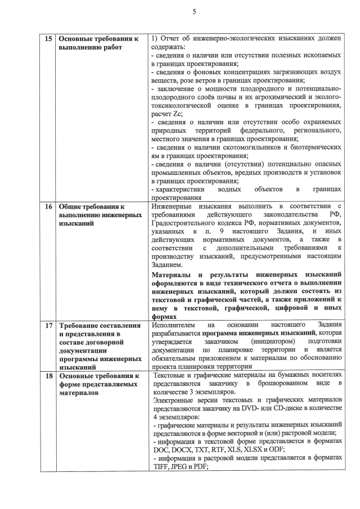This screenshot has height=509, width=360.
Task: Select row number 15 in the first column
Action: [48, 38]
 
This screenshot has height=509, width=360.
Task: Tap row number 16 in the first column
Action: [48, 206]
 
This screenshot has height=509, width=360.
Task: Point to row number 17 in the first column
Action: [48, 325]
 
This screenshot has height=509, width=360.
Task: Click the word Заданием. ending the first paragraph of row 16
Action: [167, 264]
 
